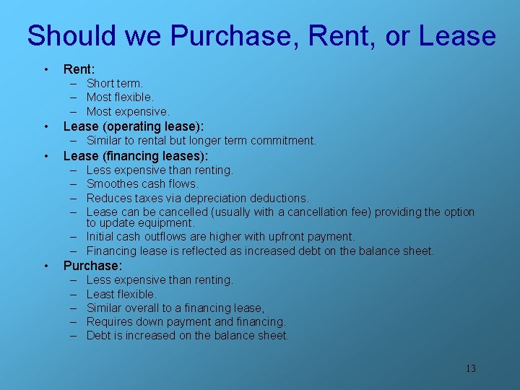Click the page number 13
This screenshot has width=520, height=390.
click(470, 369)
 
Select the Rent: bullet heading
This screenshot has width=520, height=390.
click(79, 69)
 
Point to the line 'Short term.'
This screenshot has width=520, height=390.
click(115, 84)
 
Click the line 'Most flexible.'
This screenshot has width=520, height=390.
click(120, 97)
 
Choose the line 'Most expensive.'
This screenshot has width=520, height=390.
click(128, 112)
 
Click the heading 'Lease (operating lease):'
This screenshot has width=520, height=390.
click(134, 126)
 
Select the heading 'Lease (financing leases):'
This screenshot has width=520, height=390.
click(136, 156)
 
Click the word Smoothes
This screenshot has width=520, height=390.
click(113, 184)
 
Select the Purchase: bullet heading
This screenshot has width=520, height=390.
click(92, 266)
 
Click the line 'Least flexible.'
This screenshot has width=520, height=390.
click(121, 294)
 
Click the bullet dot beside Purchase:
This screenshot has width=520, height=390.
click(46, 266)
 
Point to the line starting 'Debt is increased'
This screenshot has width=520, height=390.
click(188, 336)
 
